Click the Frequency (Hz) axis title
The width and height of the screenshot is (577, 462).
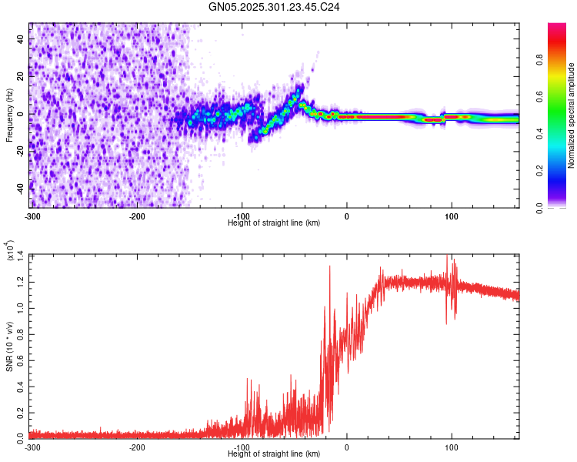click(9, 115)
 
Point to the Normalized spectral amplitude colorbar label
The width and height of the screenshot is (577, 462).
click(572, 115)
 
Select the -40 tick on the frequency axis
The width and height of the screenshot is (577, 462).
click(20, 188)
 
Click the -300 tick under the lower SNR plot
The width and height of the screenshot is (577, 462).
click(32, 447)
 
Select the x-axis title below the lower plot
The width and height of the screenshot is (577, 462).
click(274, 454)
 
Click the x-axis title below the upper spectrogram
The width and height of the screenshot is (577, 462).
click(274, 223)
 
